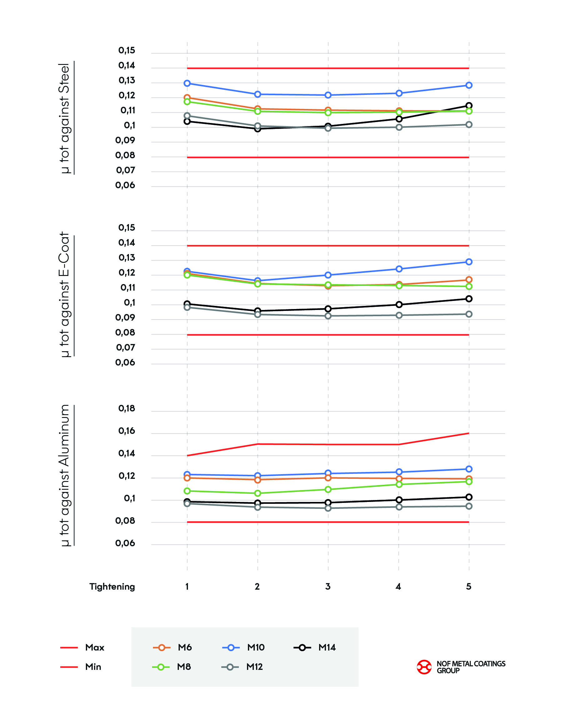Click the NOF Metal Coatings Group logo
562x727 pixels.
coord(461,667)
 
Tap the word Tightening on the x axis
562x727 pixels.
coord(112,587)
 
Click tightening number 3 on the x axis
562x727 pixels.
coord(328,587)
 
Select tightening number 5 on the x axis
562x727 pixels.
coord(469,587)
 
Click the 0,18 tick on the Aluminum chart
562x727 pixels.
coord(126,408)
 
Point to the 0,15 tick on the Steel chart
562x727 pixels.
coord(126,50)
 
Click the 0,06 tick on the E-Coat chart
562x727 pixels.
coord(125,362)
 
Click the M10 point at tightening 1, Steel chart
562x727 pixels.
coord(187,83)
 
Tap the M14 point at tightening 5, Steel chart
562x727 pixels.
coord(469,106)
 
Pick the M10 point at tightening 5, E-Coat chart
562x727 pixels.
coord(469,262)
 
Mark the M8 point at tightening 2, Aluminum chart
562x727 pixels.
coord(257,493)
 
